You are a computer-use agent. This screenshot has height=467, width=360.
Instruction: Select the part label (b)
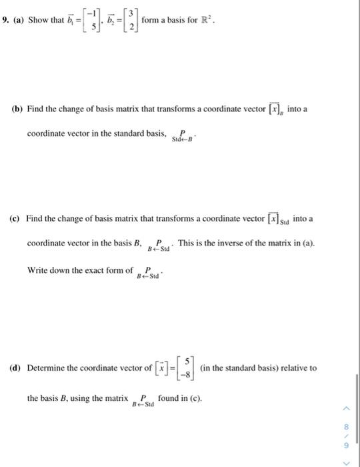click(18, 109)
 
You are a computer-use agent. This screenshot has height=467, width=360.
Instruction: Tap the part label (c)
click(17, 219)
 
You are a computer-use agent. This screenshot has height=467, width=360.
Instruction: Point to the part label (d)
click(17, 368)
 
